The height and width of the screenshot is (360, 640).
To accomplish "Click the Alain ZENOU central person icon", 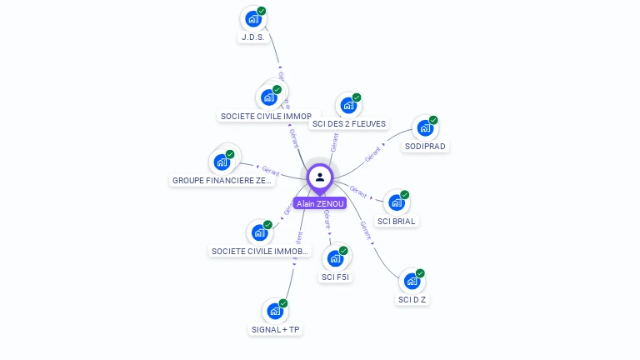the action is tap(320, 177).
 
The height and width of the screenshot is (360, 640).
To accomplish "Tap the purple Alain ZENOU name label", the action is tap(320, 203).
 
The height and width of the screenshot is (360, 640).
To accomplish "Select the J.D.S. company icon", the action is tap(252, 19).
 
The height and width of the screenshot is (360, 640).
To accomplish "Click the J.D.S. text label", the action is tap(252, 37).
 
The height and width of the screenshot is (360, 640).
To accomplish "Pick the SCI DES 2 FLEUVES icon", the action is tap(347, 106).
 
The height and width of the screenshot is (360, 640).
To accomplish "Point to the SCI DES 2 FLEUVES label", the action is tap(348, 124).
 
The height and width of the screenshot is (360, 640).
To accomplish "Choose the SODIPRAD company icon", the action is tap(424, 128).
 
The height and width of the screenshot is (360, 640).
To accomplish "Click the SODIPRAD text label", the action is tap(425, 147).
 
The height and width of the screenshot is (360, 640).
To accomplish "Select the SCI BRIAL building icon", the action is tap(396, 202).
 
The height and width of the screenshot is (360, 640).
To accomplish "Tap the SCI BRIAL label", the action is tap(397, 222).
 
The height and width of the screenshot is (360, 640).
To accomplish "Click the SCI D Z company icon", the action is tap(411, 281).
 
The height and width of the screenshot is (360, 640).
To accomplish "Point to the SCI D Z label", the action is tap(412, 299).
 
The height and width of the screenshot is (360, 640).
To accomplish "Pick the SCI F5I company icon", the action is tap(335, 258).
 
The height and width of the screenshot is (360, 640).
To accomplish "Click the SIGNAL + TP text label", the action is tap(276, 330).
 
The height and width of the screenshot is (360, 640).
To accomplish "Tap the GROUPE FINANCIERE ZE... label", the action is tap(222, 180).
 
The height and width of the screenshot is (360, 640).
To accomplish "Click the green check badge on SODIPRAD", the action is tap(433, 120).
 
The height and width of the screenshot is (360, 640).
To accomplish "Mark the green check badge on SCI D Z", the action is tap(420, 273).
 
